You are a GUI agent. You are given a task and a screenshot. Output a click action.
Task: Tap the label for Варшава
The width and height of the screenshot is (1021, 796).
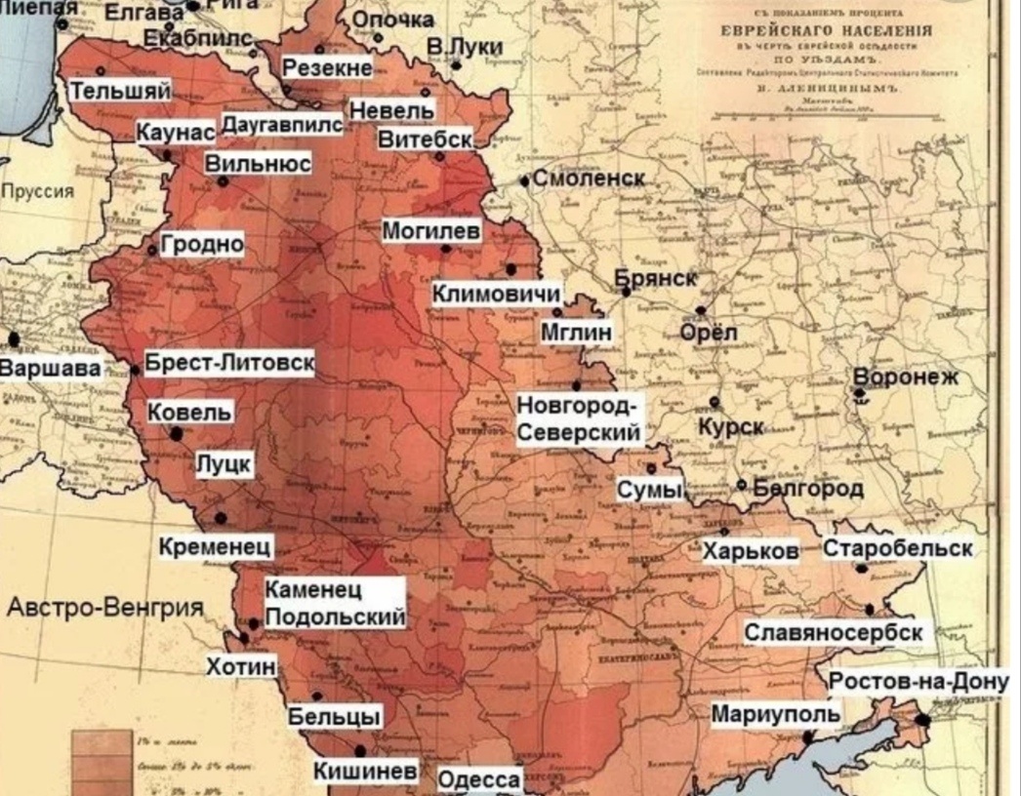49,369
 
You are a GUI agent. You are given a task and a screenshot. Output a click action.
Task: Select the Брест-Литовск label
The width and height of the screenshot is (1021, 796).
229,363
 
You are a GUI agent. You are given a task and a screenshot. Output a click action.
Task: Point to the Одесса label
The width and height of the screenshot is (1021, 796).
478,780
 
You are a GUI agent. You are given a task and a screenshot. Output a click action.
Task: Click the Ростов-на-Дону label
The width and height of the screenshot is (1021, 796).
919,682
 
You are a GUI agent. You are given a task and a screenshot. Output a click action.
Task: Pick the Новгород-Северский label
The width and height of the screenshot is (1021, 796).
579,418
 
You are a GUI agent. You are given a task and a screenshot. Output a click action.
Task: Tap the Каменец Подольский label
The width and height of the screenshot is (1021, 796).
335,604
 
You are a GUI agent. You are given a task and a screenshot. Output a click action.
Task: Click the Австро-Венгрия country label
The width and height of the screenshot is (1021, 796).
105,609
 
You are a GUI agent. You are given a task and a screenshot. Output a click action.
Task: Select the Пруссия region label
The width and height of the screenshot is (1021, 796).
37,191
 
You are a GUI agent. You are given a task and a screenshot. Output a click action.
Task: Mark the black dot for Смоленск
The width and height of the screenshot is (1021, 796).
524,180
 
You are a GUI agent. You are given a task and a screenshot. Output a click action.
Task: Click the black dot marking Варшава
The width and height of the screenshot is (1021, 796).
14,338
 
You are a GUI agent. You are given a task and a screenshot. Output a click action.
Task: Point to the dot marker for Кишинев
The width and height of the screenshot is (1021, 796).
360,751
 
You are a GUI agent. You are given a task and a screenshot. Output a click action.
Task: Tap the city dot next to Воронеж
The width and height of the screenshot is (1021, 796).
860,392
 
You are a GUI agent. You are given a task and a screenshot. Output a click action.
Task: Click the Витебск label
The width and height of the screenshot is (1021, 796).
425,139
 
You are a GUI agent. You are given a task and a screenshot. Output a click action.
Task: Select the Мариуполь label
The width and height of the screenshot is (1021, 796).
775,714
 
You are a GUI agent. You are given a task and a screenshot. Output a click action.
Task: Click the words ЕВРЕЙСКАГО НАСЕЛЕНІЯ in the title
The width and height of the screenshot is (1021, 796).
826,30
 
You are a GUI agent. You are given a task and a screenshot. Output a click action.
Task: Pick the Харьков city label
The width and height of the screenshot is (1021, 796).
751,551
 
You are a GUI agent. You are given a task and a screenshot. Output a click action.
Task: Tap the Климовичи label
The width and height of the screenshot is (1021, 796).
497,294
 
